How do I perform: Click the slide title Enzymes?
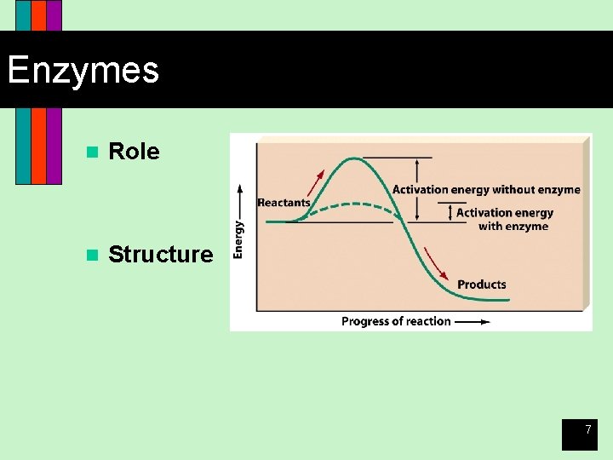click(83, 70)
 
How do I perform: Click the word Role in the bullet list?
click(134, 152)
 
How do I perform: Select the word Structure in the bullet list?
click(161, 254)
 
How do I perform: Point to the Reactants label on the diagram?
click(284, 203)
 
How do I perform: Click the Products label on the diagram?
click(481, 285)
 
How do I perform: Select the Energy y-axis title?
click(239, 239)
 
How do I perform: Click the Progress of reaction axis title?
click(396, 321)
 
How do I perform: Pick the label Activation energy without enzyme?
click(486, 190)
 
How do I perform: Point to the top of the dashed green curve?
click(349, 204)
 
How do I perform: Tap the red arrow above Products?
click(436, 264)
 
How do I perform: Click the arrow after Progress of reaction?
click(473, 322)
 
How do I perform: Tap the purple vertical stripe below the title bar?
click(54, 145)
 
